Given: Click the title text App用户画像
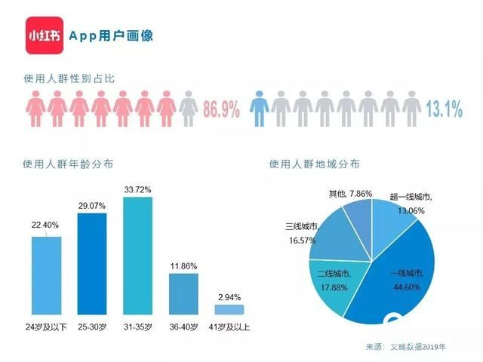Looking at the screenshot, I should tap(111, 35).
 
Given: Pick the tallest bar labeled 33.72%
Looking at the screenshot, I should tap(138, 256).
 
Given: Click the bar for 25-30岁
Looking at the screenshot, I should tap(92, 265).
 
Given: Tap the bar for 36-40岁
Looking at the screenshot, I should tap(184, 294).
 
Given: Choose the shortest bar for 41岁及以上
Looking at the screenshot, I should tap(229, 309).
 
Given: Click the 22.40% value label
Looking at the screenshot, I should tap(46, 225).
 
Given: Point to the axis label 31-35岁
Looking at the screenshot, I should tap(138, 327).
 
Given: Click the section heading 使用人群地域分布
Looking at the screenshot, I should tap(314, 164).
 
